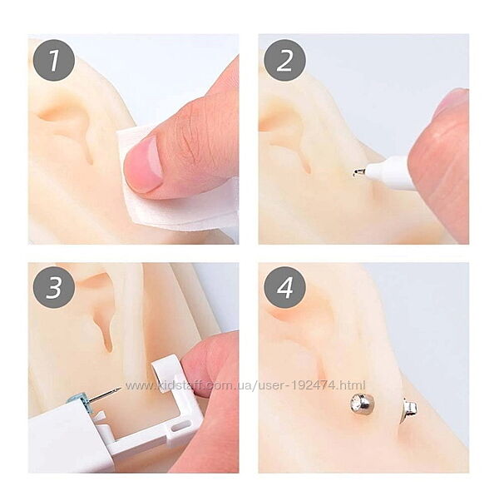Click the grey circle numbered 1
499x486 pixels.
54,60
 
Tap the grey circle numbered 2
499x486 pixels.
284,60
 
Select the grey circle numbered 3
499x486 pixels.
54,287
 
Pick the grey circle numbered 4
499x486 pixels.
284,287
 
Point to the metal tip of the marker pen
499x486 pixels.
359,172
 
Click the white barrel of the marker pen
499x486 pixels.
390,172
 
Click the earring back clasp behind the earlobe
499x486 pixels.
410,409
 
